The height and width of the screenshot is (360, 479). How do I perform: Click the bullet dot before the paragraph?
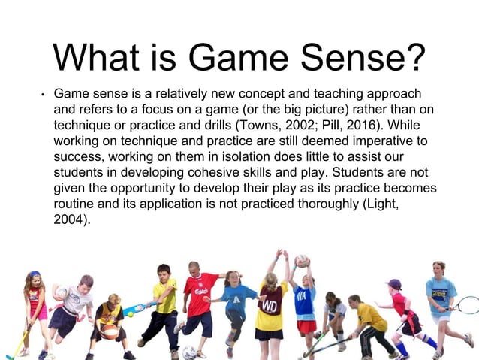(x=44, y=96)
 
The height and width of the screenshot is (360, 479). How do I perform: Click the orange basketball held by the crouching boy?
(x=110, y=331)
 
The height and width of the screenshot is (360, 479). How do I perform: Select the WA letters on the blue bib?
(x=303, y=295)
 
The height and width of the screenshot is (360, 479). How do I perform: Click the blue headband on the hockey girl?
(x=34, y=274)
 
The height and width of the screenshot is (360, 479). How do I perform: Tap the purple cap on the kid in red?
(x=394, y=283)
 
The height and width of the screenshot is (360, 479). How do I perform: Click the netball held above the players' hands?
(x=301, y=261)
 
